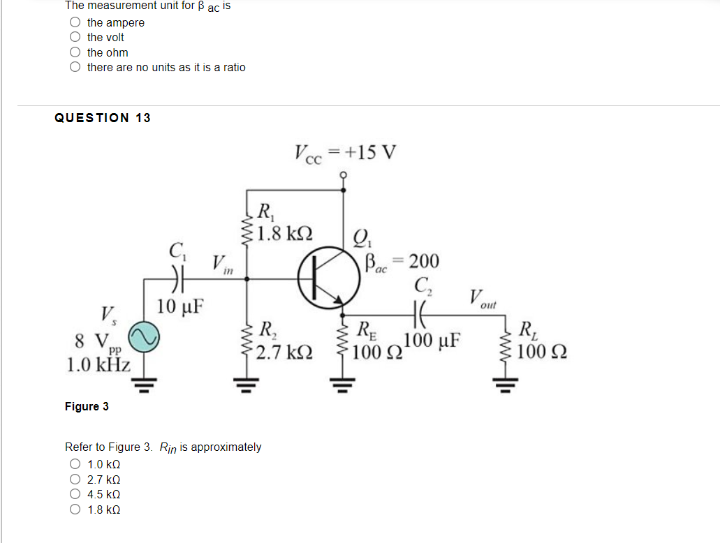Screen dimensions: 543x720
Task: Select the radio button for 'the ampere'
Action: [75, 22]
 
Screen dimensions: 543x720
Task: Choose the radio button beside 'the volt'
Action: [75, 38]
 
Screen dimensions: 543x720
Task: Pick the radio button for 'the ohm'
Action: [75, 52]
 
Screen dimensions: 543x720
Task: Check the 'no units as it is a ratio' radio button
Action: [75, 68]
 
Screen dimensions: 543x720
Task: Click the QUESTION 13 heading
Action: [103, 118]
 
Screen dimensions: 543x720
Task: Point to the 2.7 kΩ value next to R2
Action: [284, 352]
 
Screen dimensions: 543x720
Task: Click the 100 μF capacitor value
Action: [432, 341]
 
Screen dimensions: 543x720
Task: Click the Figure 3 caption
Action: [87, 406]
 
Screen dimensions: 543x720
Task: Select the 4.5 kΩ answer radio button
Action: [75, 495]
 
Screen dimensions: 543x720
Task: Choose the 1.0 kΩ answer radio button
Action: [75, 465]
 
